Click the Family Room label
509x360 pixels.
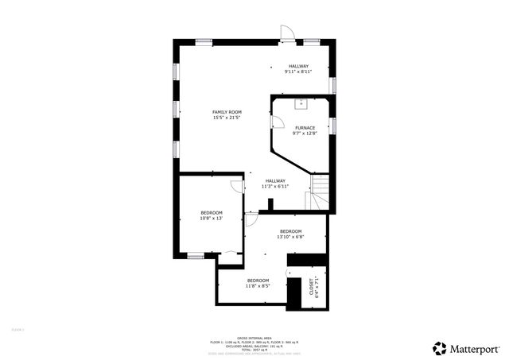tap(227, 112)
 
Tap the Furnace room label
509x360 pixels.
tap(305, 128)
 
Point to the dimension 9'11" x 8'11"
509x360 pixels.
tap(298, 72)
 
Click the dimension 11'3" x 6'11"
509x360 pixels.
tap(276, 186)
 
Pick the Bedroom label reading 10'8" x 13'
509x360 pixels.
tap(211, 212)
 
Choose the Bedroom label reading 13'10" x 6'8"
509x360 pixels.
tap(290, 231)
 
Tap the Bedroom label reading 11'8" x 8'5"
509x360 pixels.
tap(258, 281)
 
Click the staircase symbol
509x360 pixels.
tap(319, 192)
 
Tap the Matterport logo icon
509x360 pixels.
tap(439, 347)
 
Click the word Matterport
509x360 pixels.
tap(476, 347)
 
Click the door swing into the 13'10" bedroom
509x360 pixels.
tap(251, 220)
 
